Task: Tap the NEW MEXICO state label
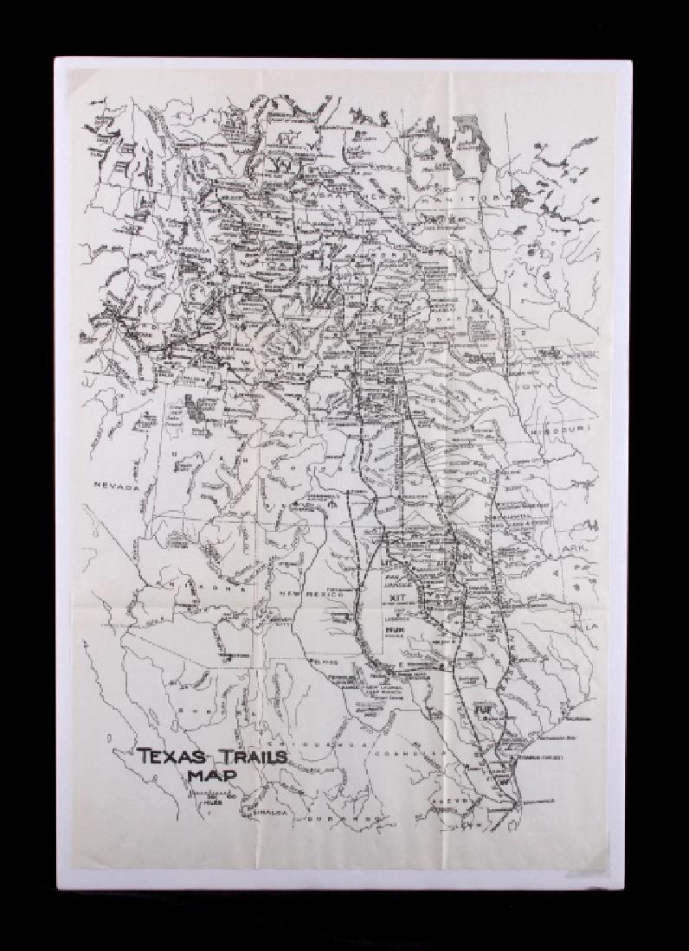316,595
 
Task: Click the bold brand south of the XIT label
395,632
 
